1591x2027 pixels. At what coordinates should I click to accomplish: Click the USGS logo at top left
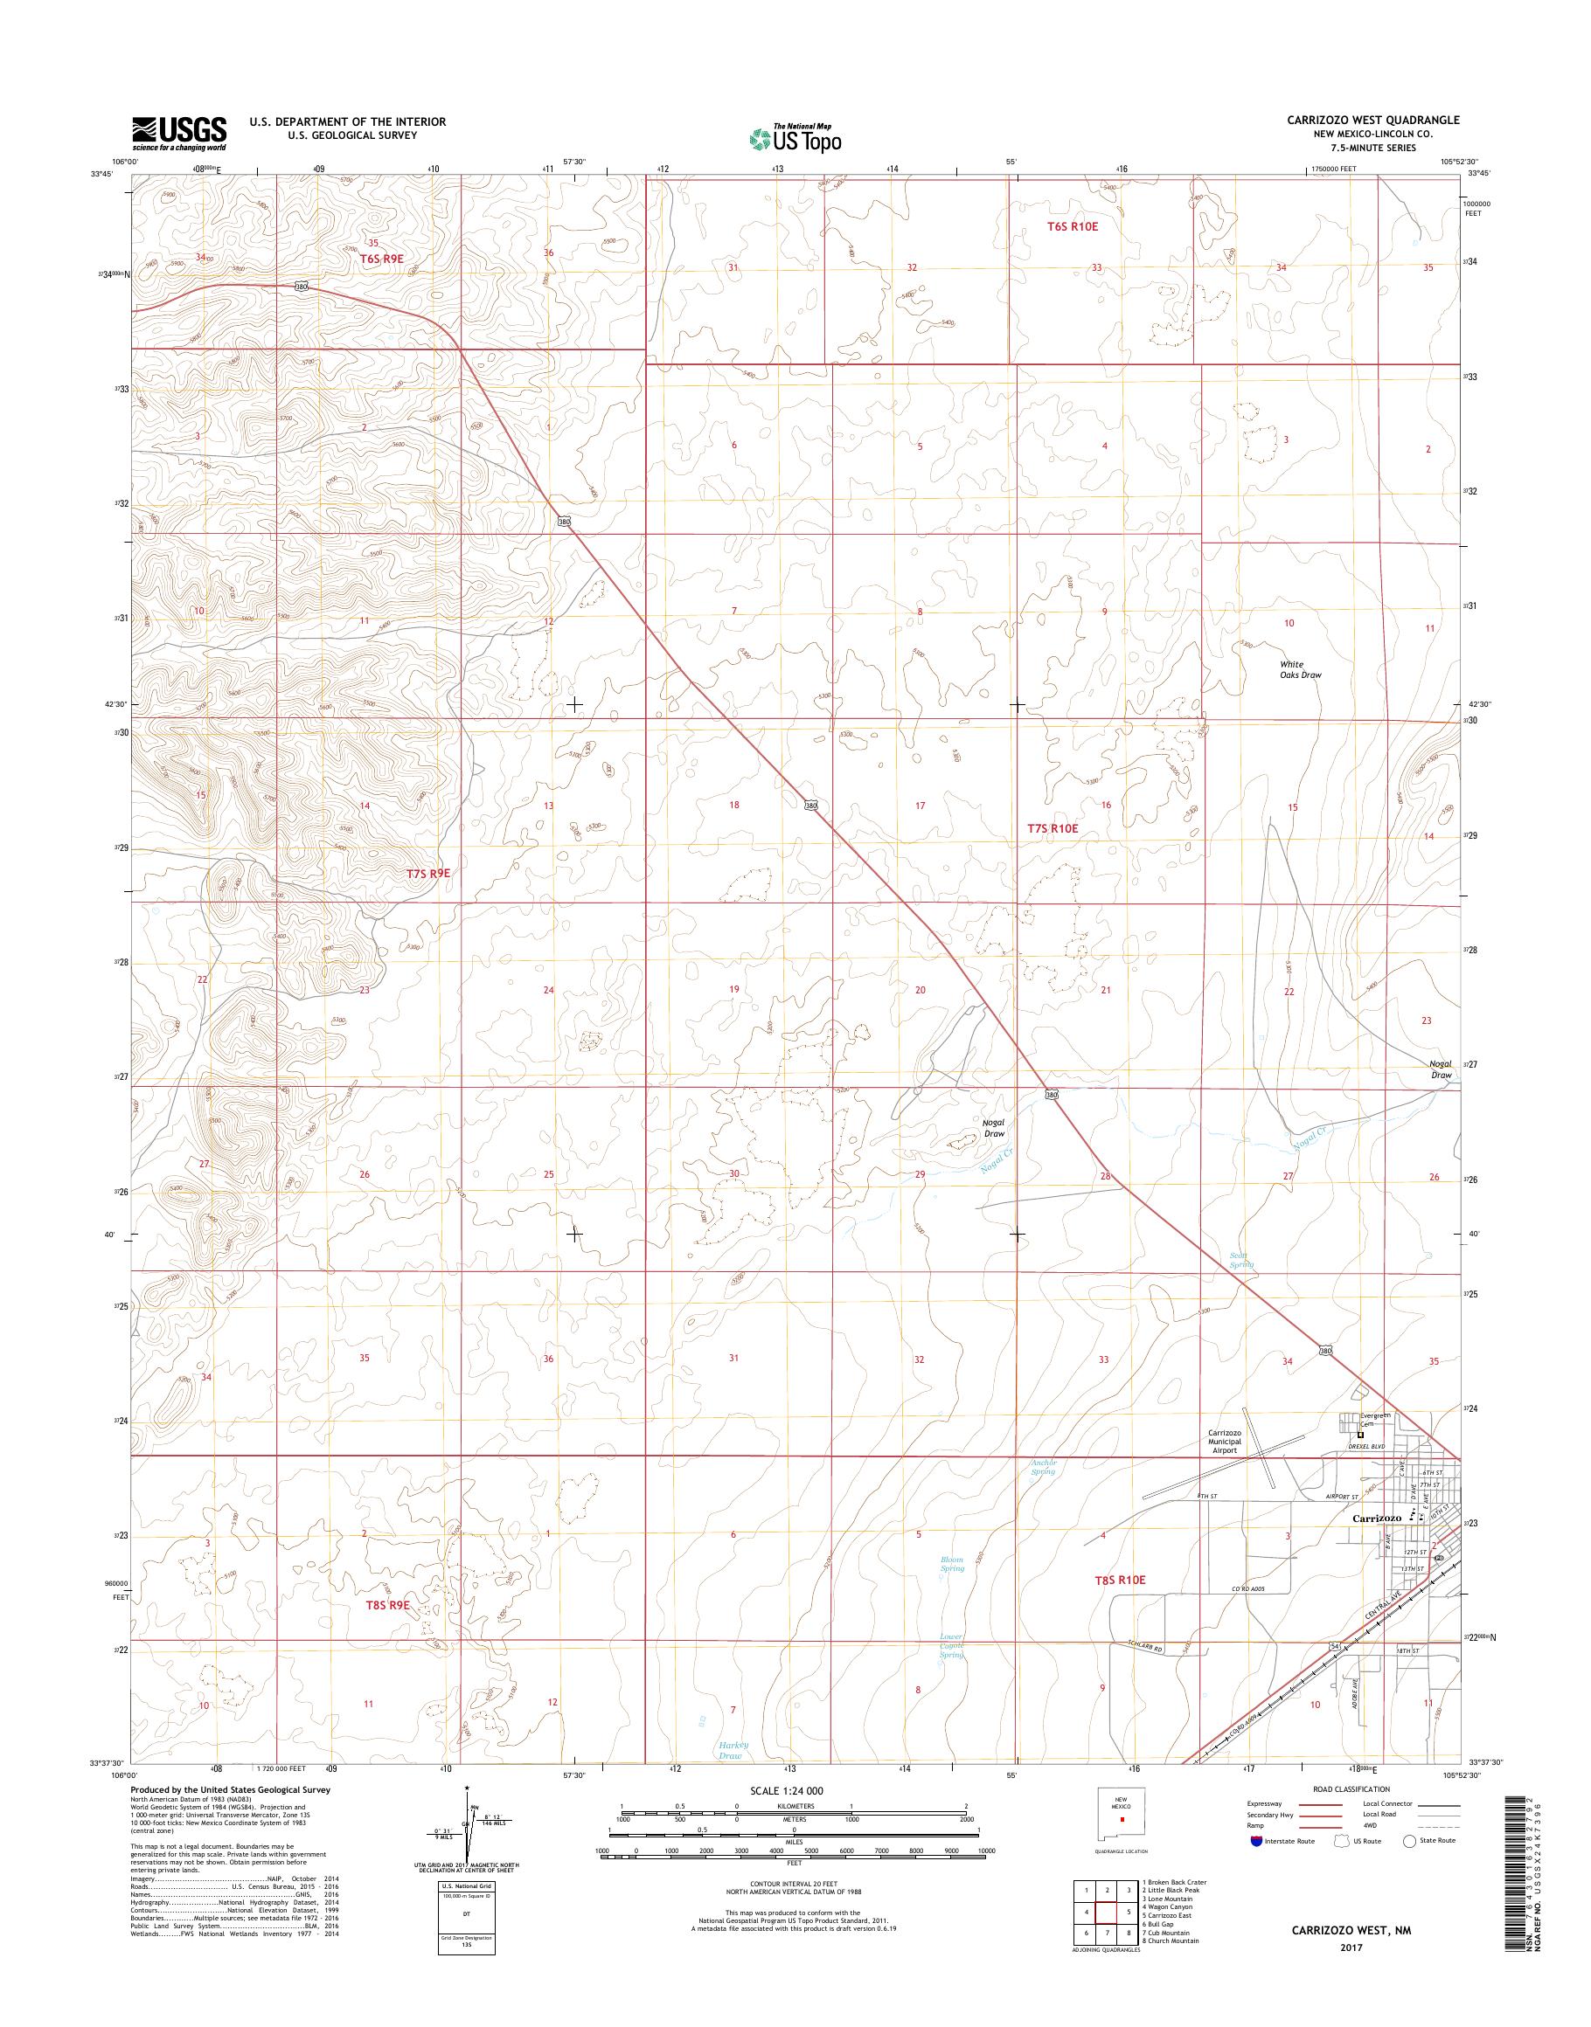tap(179, 134)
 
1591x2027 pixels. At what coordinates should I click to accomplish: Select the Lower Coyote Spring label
tap(951, 1645)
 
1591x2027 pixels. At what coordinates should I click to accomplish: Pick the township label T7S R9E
tap(427, 874)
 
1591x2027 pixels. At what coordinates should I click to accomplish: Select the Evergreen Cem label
tap(1375, 1420)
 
